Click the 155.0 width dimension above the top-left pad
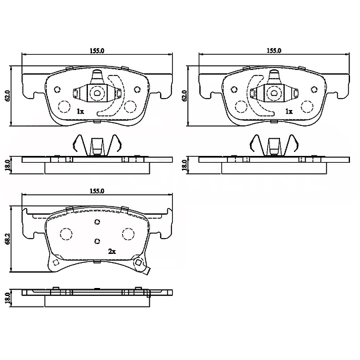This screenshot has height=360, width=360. [97, 51]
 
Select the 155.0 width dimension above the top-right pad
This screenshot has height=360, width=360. [274, 51]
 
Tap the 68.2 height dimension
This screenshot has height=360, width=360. [7, 239]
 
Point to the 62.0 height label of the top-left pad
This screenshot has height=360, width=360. [7, 96]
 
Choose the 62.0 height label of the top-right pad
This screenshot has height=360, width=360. [184, 96]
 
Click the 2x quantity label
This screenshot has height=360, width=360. [112, 252]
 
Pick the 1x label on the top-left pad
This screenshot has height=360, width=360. [81, 111]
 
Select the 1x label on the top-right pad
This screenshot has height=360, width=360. [289, 111]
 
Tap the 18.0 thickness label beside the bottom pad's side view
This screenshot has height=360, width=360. [7, 297]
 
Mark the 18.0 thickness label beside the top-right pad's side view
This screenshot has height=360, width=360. [184, 165]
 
